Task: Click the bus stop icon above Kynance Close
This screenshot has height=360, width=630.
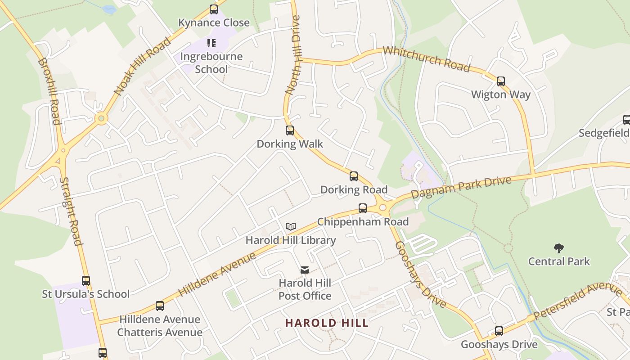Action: click(x=214, y=9)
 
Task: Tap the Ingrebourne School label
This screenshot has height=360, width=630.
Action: click(x=211, y=63)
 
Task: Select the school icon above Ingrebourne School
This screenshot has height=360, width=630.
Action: click(x=211, y=43)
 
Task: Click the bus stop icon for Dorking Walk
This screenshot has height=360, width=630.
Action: click(x=290, y=130)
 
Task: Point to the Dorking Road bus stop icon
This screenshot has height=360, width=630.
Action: click(x=354, y=176)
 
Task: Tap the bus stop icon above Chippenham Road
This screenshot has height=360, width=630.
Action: click(x=363, y=208)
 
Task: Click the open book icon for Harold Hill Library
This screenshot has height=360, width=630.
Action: click(x=291, y=227)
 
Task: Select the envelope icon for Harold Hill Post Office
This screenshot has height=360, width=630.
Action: click(x=305, y=270)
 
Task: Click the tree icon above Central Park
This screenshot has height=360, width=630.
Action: click(x=559, y=248)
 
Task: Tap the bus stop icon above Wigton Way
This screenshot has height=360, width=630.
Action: click(x=501, y=81)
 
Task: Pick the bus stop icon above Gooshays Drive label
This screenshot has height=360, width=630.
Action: click(x=499, y=332)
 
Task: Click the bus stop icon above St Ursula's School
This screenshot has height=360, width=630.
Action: click(x=86, y=281)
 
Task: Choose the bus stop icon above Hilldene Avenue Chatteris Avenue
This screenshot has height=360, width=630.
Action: click(x=160, y=306)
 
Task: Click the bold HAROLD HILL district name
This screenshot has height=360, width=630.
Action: click(x=327, y=323)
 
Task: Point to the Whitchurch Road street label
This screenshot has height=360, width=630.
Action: click(x=426, y=58)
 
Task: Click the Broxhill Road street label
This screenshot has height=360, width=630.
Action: click(x=49, y=91)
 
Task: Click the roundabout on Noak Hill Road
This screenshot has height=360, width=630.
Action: click(x=101, y=119)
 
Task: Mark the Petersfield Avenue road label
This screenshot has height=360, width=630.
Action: click(x=578, y=301)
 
